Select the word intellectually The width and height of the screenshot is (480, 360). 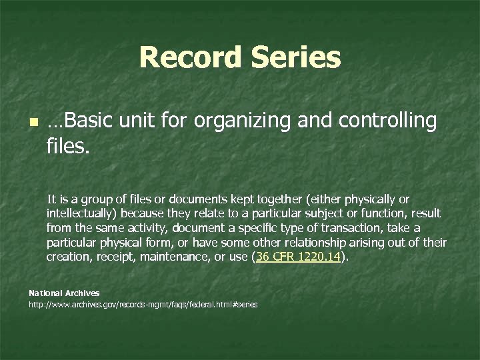(x=79, y=214)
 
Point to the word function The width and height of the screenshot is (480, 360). (x=375, y=214)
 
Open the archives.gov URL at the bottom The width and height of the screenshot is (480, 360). (x=143, y=305)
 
